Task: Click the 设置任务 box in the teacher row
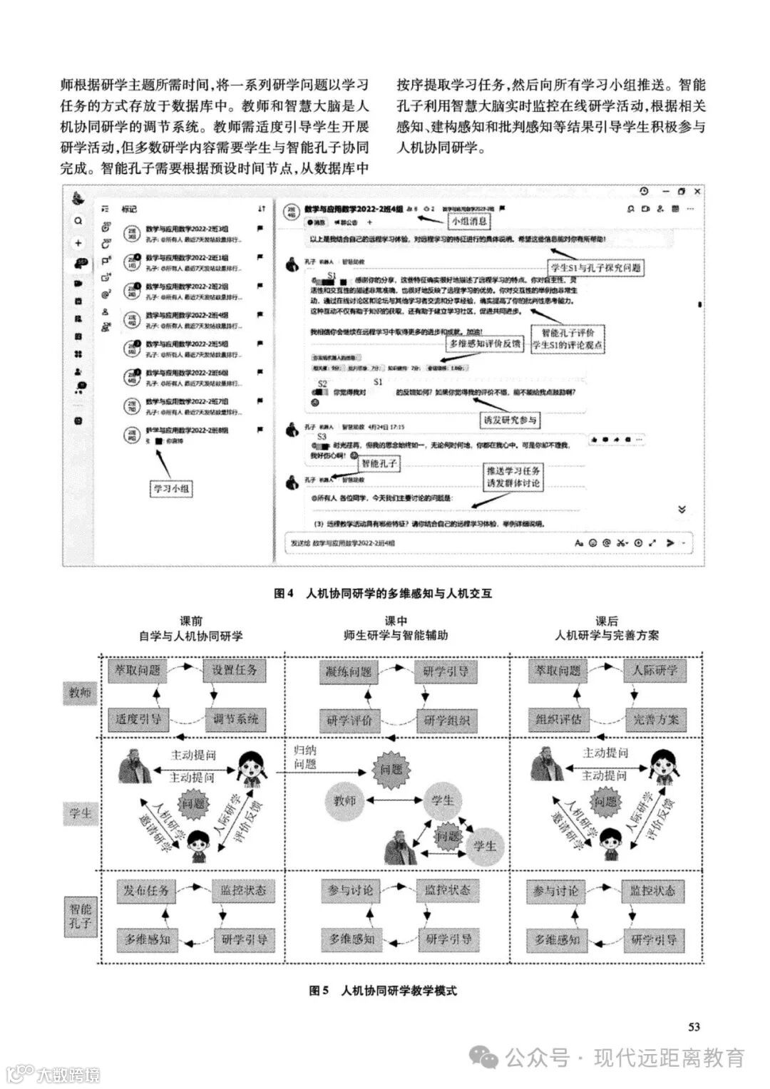pyautogui.click(x=235, y=670)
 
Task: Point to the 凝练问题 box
pyautogui.click(x=349, y=671)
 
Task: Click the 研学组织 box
pyautogui.click(x=447, y=721)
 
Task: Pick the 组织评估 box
pyautogui.click(x=558, y=719)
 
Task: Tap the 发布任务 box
pyautogui.click(x=145, y=890)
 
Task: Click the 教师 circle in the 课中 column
pyautogui.click(x=344, y=800)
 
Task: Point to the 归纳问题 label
pyautogui.click(x=305, y=757)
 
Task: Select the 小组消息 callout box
pyautogui.click(x=469, y=221)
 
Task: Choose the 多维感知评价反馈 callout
pyautogui.click(x=486, y=344)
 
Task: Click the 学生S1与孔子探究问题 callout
pyautogui.click(x=596, y=268)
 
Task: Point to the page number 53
pyautogui.click(x=694, y=1026)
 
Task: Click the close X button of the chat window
pyautogui.click(x=697, y=191)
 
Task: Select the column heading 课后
pyautogui.click(x=607, y=621)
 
